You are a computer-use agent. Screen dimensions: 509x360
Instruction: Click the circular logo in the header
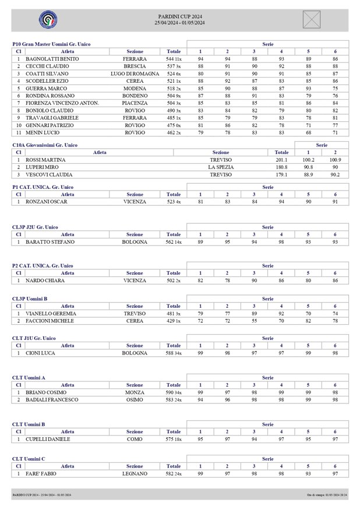point(48,20)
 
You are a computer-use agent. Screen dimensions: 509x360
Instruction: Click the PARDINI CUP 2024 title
point(180,17)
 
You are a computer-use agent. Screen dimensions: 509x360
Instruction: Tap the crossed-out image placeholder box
point(312,19)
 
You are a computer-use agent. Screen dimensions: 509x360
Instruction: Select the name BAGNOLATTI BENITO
point(52,59)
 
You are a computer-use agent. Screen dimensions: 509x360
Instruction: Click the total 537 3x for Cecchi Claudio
point(174,66)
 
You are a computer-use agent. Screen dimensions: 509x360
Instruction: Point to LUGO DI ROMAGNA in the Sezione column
point(135,73)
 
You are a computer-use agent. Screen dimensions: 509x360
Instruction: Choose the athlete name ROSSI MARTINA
point(45,160)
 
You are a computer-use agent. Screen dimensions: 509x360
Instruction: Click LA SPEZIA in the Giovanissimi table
point(221,167)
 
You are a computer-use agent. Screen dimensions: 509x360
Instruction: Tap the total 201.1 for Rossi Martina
point(281,160)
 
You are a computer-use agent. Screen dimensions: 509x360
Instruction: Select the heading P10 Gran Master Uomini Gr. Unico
point(51,44)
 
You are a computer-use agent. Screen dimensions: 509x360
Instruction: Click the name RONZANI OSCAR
point(47,202)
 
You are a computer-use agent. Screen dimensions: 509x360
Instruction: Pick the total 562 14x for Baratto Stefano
point(174,242)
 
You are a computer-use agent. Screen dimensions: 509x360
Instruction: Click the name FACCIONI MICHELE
point(50,321)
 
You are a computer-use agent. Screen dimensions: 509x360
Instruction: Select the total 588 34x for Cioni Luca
point(174,353)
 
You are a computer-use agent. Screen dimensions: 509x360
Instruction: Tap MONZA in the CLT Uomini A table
point(135,393)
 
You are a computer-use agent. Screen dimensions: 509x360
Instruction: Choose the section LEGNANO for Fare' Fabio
point(135,474)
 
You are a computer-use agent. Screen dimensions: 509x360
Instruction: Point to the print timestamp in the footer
point(327,494)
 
